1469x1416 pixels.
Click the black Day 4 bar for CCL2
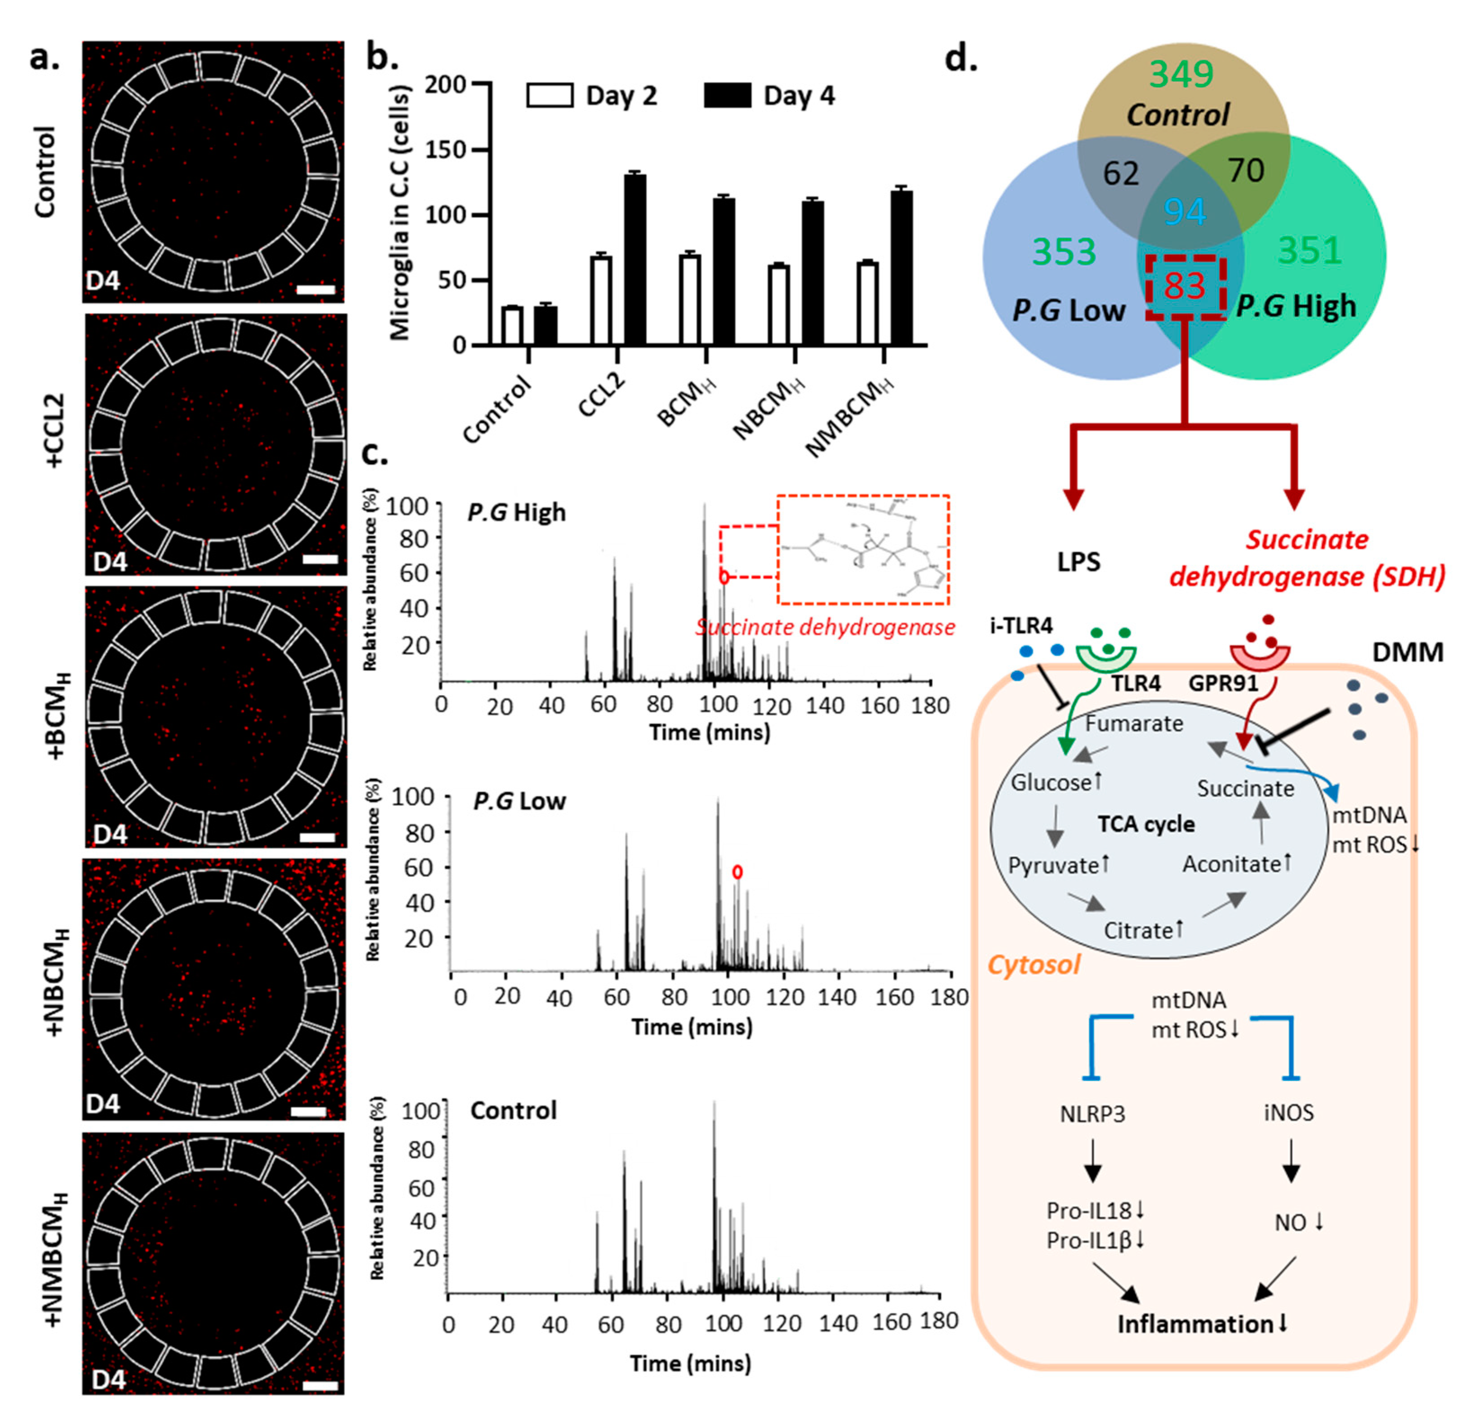pos(635,259)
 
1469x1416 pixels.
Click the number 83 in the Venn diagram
pos(1184,286)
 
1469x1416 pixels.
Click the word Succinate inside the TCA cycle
pos(1245,789)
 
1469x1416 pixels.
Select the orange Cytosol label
pos(1034,965)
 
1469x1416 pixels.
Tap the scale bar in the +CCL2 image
pos(321,559)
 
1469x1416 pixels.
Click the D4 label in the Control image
pos(102,281)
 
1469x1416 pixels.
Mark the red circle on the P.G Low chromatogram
pos(737,872)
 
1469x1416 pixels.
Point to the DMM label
pos(1407,652)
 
